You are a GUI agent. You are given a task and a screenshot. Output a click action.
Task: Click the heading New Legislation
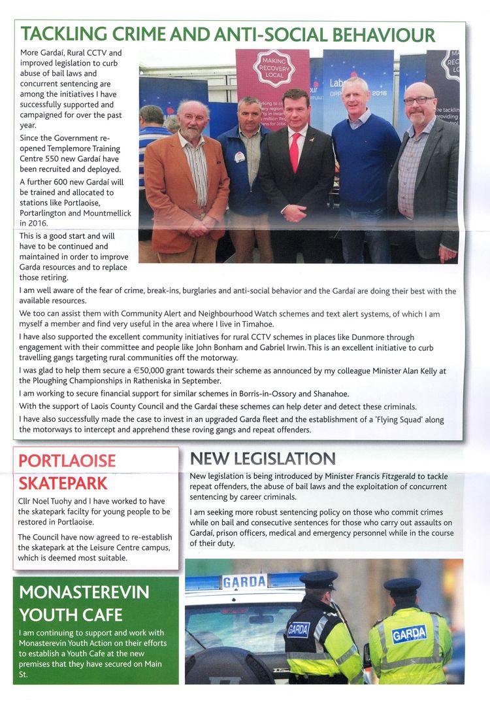pyautogui.click(x=262, y=458)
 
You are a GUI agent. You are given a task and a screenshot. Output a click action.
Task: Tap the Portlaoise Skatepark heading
pyautogui.click(x=67, y=472)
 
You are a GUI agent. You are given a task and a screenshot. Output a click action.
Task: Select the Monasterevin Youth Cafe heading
pyautogui.click(x=84, y=604)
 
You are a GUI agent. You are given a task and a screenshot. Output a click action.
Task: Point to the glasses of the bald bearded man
pyautogui.click(x=418, y=100)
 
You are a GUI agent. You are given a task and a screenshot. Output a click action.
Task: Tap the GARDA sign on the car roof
pyautogui.click(x=244, y=581)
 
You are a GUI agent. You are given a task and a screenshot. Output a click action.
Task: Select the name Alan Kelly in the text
pyautogui.click(x=423, y=371)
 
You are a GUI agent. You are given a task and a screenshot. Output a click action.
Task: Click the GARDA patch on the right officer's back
pyautogui.click(x=409, y=633)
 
